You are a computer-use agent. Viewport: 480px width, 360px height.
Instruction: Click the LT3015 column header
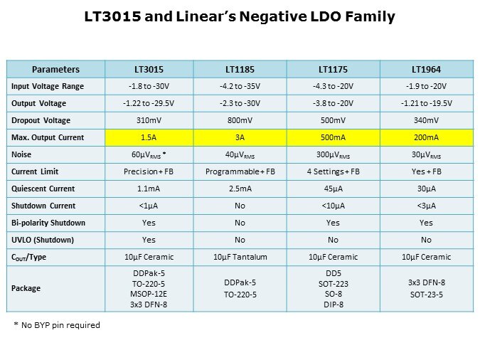pos(149,70)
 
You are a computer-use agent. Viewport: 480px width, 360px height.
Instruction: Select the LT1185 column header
pos(240,70)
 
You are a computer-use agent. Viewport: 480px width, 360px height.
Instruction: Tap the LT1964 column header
pos(425,70)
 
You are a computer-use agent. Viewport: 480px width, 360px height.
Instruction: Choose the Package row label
pos(27,288)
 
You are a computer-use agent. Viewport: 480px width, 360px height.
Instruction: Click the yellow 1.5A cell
pos(149,137)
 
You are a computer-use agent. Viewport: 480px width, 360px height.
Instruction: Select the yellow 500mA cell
pos(333,137)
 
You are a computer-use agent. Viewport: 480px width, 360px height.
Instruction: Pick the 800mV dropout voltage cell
pos(240,120)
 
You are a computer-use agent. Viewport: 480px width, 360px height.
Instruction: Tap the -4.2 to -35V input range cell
pos(240,86)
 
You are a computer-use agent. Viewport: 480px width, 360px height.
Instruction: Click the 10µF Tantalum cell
pos(240,257)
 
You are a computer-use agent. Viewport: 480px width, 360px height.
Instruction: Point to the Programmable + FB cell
pos(240,171)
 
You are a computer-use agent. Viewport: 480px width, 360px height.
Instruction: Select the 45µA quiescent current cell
pos(333,189)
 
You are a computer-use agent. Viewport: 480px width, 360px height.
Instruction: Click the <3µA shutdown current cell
pos(425,206)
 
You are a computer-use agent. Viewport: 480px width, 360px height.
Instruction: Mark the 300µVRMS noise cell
pos(333,154)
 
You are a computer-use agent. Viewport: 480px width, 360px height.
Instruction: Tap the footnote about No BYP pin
pos(57,325)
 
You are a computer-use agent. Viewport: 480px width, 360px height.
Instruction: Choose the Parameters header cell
pos(56,70)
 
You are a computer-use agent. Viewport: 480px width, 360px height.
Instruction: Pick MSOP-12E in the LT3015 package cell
pos(149,293)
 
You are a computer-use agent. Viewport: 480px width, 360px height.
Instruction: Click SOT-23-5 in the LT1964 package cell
pos(425,294)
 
